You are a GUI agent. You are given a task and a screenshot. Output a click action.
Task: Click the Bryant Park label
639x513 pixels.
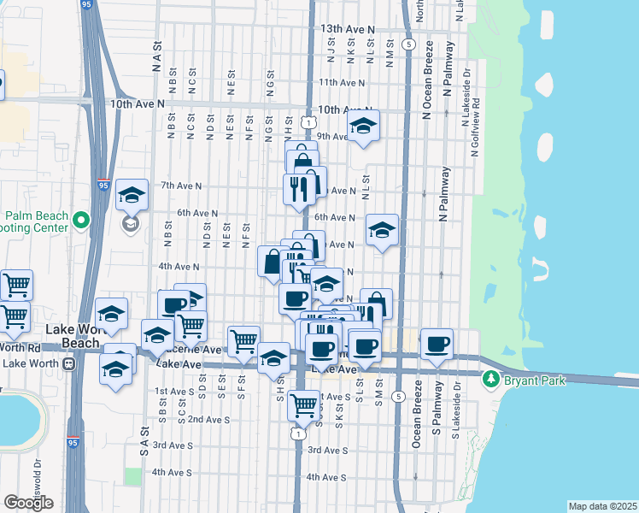[x=536, y=378]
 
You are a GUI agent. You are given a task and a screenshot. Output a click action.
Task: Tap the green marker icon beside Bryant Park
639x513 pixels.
[x=491, y=378]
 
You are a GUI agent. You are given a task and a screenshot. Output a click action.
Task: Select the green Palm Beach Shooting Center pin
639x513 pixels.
[x=81, y=221]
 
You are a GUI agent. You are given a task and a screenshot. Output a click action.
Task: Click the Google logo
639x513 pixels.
[x=28, y=503]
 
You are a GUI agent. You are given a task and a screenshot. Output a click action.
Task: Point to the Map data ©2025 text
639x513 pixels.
[x=602, y=506]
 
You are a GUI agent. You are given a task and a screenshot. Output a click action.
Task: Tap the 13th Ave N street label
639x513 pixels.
[x=348, y=29]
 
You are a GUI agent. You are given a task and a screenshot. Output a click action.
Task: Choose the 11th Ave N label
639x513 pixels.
[x=342, y=83]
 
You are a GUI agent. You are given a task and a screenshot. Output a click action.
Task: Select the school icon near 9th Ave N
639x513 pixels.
[x=363, y=127]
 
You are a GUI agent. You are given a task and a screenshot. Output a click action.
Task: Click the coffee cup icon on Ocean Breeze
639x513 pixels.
[x=437, y=345]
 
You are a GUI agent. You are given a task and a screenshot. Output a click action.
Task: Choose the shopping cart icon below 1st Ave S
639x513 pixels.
[x=303, y=406]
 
